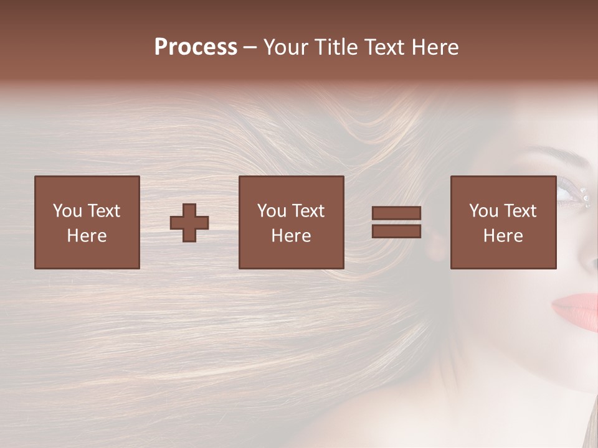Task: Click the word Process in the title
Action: pos(196,47)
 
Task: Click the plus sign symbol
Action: pos(189,222)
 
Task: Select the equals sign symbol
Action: pos(396,222)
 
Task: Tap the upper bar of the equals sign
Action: pos(396,213)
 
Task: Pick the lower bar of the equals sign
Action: pos(396,231)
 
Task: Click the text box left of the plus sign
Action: pos(87,222)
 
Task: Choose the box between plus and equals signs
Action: pos(291,222)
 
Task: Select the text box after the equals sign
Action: pos(503,222)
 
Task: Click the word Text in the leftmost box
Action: pos(103,211)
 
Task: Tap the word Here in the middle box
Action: pos(291,235)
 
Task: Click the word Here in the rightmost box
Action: pos(503,235)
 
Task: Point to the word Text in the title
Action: pos(384,47)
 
